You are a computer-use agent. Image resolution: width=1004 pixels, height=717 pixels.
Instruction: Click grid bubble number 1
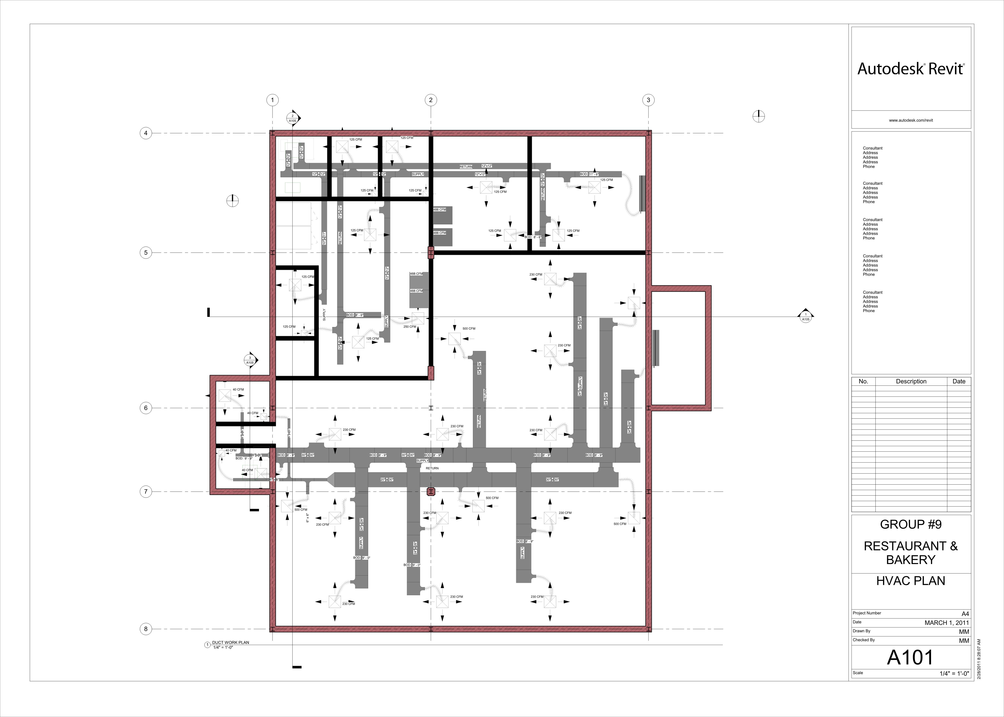point(272,100)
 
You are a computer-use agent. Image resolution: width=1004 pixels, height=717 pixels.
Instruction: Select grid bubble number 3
point(648,100)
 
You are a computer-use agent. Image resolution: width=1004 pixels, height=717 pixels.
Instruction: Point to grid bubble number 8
point(146,629)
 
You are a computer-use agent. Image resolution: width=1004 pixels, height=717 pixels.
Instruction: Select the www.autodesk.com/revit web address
point(911,120)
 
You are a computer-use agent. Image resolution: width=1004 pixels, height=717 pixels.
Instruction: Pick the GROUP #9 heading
point(911,524)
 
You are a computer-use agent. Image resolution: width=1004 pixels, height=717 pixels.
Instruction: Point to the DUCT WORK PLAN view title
point(230,642)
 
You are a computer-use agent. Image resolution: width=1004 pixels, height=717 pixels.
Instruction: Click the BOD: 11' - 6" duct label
point(589,174)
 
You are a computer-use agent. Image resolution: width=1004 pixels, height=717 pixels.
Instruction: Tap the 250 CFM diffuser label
point(410,327)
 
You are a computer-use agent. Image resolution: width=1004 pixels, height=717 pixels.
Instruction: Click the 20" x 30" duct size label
point(387,479)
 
